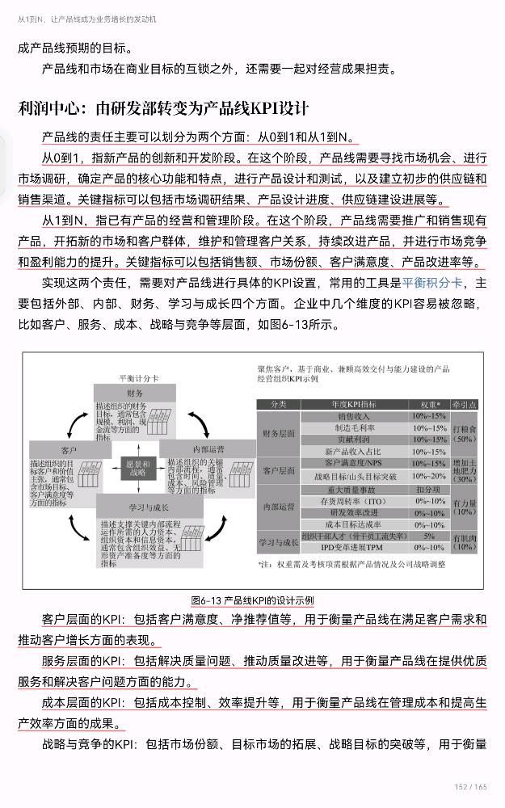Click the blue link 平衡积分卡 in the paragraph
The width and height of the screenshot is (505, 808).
point(432,283)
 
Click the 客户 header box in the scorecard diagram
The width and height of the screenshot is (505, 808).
point(69,448)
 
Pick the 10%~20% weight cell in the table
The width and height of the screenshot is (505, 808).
point(429,477)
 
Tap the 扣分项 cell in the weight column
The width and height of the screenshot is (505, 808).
point(429,489)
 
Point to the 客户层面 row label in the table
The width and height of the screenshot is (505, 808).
point(280,470)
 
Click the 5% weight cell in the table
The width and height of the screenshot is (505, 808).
point(429,536)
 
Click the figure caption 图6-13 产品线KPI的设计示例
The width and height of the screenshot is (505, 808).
point(252,600)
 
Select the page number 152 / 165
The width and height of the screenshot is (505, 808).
point(471,786)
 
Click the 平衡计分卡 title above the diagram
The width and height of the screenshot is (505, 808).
point(138,377)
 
